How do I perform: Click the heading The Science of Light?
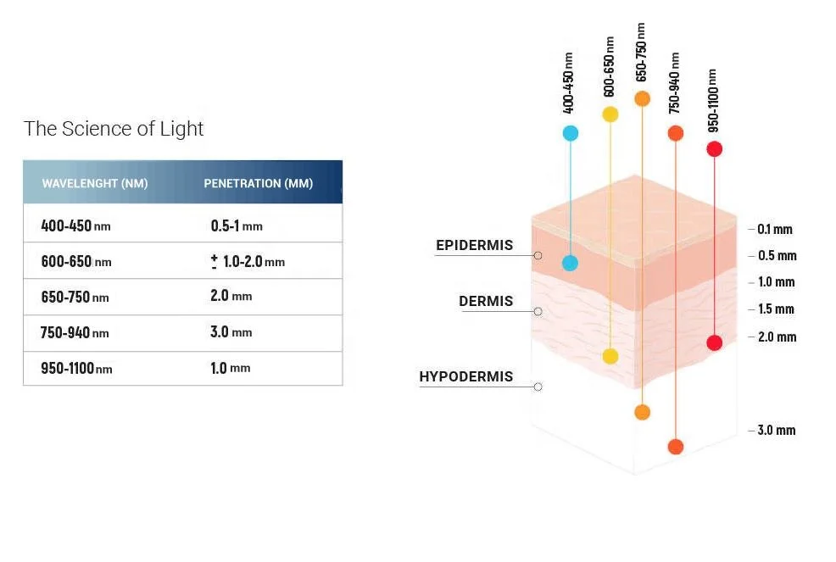coord(114,129)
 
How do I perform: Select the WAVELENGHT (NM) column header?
coord(95,183)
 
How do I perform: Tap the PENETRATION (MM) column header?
coord(258,183)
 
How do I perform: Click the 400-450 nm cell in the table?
coord(75,226)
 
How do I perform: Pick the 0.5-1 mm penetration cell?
coord(237,226)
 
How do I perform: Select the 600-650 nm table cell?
coord(75,262)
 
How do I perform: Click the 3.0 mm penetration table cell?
coord(231,332)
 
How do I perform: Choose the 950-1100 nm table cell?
coord(75,369)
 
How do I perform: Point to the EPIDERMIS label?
coord(474,246)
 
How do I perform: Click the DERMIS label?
coord(486,301)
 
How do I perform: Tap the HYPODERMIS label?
coord(465,376)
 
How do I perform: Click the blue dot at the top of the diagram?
coord(570,133)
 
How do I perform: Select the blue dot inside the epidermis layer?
coord(570,263)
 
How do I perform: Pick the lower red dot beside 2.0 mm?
coord(714,342)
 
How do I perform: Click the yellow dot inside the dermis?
coord(610,356)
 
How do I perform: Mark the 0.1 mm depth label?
coord(774,229)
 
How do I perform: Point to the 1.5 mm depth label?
coord(776,309)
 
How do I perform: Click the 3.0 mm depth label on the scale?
coord(776,431)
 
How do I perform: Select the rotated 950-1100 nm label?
coord(713,100)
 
